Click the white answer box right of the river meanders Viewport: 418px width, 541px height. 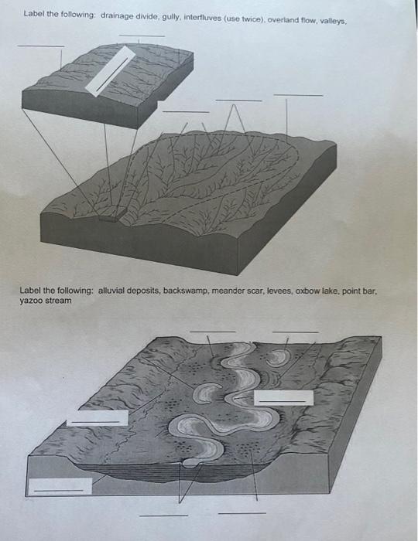[284, 397]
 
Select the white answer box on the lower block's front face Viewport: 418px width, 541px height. [59, 486]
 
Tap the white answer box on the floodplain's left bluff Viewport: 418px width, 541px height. [97, 417]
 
